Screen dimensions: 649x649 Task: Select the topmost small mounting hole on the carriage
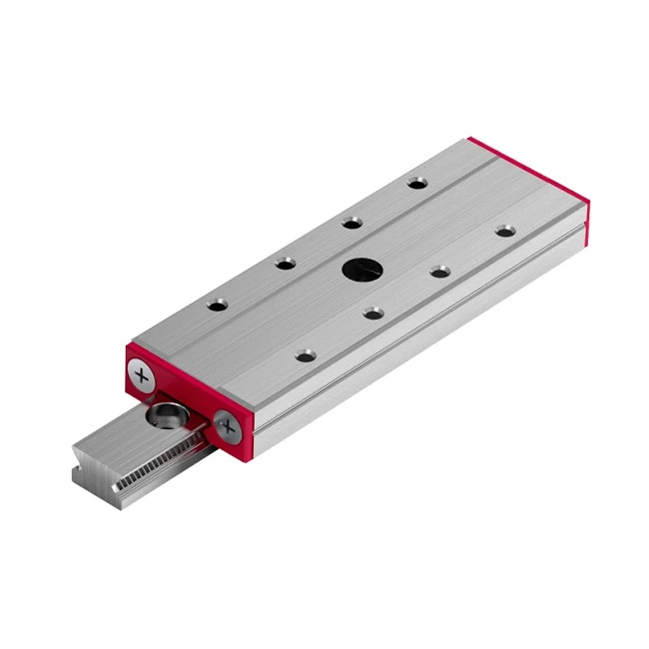coord(416,183)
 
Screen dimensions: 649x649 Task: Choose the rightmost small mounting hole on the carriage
coord(505,231)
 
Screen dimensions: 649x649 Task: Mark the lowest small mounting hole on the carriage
coord(305,354)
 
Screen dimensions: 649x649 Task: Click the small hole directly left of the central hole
coord(286,263)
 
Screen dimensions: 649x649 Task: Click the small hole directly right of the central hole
coord(439,271)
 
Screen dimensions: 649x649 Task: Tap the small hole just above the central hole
coord(350,223)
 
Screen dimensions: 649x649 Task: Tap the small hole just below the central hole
coord(372,314)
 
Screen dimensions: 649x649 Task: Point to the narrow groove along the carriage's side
coord(419,318)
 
